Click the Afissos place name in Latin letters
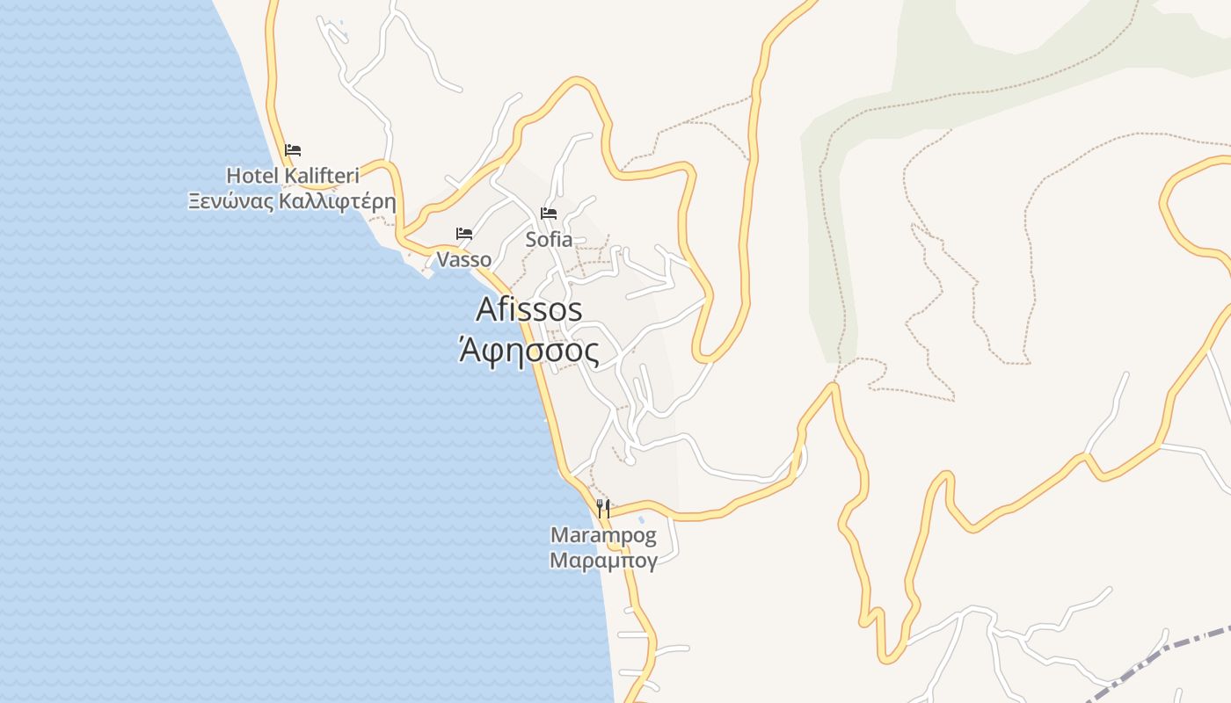tap(529, 309)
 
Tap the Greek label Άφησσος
tap(529, 352)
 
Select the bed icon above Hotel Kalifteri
tap(293, 150)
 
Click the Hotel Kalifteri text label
tap(293, 176)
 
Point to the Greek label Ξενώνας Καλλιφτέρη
tap(292, 201)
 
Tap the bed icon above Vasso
tap(464, 234)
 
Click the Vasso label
tap(464, 259)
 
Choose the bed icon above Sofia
tap(549, 214)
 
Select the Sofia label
tap(549, 239)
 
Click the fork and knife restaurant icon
tap(603, 508)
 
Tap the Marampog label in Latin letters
tap(603, 535)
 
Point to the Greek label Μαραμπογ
tap(603, 561)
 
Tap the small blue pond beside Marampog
tap(641, 520)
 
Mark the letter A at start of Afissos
tap(487, 309)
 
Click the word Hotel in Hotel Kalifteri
tap(252, 176)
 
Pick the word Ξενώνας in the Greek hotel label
tap(229, 201)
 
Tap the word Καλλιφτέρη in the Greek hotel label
tap(338, 201)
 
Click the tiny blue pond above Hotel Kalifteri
tap(342, 35)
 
